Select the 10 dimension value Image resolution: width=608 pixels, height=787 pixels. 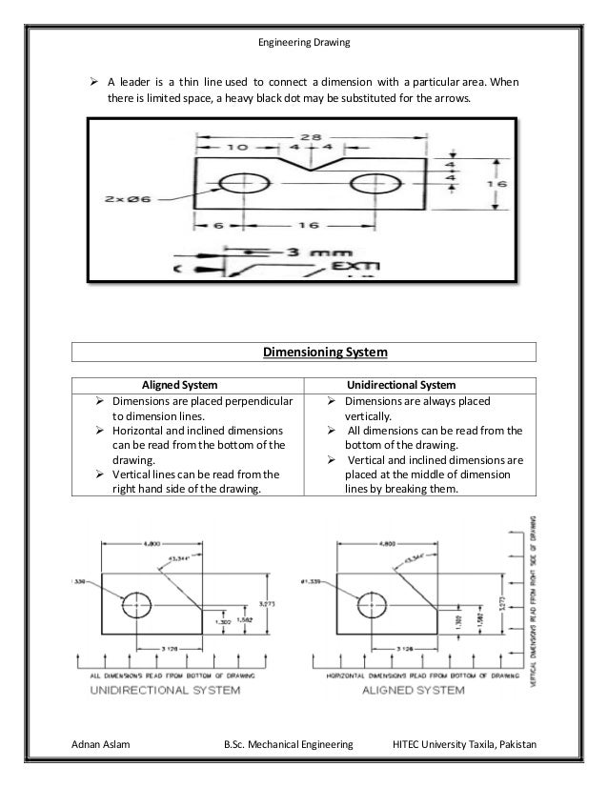point(235,149)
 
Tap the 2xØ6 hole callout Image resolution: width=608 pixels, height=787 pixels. point(132,199)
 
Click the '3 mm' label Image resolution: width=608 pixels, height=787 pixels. point(314,252)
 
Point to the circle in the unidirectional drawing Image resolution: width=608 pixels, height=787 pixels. point(137,603)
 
